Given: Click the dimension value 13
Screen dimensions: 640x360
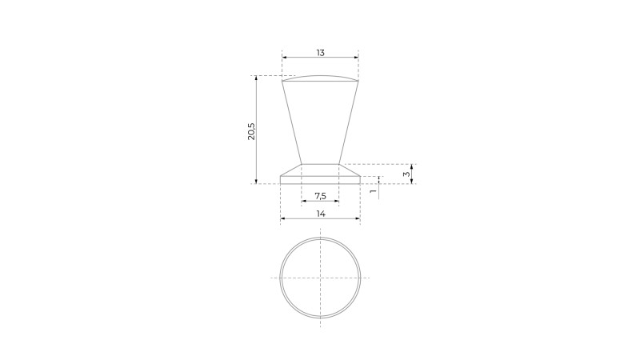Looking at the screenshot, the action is point(321,53).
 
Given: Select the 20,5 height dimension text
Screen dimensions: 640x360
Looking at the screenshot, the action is point(251,131).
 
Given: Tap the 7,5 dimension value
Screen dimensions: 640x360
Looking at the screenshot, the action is point(321,196).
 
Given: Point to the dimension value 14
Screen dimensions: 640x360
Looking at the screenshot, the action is point(321,214).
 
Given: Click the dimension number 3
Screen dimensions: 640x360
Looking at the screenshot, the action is point(406,174).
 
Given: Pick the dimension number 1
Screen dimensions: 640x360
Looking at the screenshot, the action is point(373,191).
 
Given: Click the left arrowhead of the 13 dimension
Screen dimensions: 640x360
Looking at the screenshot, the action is point(284,58).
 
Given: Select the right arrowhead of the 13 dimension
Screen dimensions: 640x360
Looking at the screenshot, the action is point(356,58).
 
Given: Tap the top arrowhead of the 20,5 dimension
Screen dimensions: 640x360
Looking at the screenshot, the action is point(256,78).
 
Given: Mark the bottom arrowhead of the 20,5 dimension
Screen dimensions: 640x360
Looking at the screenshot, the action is point(256,182).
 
